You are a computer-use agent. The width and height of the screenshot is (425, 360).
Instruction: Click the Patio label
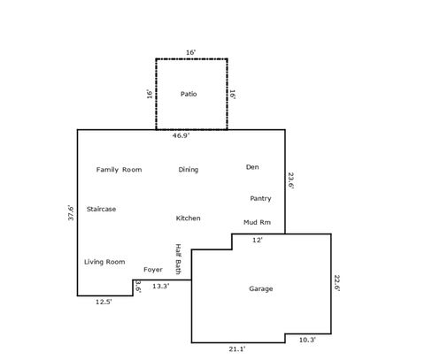(x=188, y=93)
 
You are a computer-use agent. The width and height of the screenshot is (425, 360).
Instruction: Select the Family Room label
(x=119, y=169)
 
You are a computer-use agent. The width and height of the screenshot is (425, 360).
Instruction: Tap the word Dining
(x=188, y=169)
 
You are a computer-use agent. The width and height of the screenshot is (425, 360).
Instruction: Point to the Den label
(x=252, y=166)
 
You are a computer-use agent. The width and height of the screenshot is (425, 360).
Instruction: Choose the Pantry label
(x=260, y=198)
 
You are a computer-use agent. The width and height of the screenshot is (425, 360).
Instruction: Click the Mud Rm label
(x=257, y=221)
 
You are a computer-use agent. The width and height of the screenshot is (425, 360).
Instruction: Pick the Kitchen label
(x=188, y=218)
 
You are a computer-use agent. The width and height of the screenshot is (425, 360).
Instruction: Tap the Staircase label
(x=101, y=209)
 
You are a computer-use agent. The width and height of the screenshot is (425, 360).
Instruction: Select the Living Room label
(x=104, y=262)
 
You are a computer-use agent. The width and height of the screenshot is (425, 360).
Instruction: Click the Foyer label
(x=153, y=269)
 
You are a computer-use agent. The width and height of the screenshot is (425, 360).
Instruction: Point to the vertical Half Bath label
(x=178, y=259)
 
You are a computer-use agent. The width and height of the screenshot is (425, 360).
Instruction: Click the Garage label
(x=260, y=288)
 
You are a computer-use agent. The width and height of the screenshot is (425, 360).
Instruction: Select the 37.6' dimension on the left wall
(x=71, y=215)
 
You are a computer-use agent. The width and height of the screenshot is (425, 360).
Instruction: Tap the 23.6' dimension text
(x=290, y=180)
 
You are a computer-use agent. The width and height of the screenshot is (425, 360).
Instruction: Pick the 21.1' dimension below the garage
(x=237, y=349)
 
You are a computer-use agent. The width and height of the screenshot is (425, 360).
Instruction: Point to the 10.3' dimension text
(x=307, y=340)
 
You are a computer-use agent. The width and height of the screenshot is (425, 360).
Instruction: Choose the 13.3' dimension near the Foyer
(x=161, y=286)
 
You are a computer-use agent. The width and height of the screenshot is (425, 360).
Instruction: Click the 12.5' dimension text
(x=104, y=302)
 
